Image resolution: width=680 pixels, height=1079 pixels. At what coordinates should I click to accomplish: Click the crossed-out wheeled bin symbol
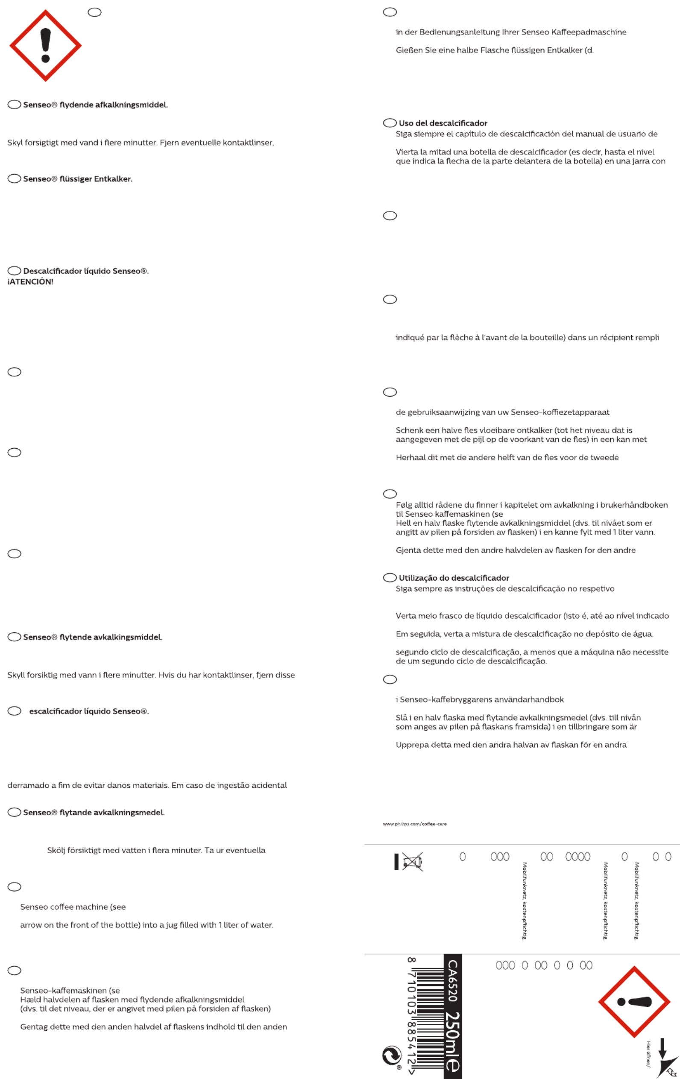tap(412, 862)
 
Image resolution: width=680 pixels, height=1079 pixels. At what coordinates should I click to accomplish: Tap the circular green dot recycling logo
tap(391, 1056)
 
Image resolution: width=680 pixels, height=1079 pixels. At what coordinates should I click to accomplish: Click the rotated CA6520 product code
tap(452, 980)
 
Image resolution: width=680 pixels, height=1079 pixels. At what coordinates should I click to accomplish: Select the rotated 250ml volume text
tap(452, 1041)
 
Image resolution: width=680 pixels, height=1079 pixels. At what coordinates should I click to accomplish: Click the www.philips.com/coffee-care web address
tap(414, 824)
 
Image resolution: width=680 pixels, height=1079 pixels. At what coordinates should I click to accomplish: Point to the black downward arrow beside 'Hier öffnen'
tap(662, 1048)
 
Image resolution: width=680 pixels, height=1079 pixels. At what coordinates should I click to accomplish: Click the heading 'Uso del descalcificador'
tap(443, 123)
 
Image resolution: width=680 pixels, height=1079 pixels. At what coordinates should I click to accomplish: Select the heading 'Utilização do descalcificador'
tap(454, 578)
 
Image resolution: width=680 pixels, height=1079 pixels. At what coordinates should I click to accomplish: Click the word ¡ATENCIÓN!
tap(30, 282)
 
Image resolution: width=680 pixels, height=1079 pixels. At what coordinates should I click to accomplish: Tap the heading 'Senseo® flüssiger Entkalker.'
tap(78, 179)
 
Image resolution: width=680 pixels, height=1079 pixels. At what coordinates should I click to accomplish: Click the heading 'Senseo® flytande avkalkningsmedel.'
tap(94, 813)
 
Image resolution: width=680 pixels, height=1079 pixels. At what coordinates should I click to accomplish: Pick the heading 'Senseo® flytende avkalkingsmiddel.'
tap(92, 637)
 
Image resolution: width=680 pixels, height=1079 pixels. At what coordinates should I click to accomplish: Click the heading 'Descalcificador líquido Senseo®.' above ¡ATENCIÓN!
tap(85, 271)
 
